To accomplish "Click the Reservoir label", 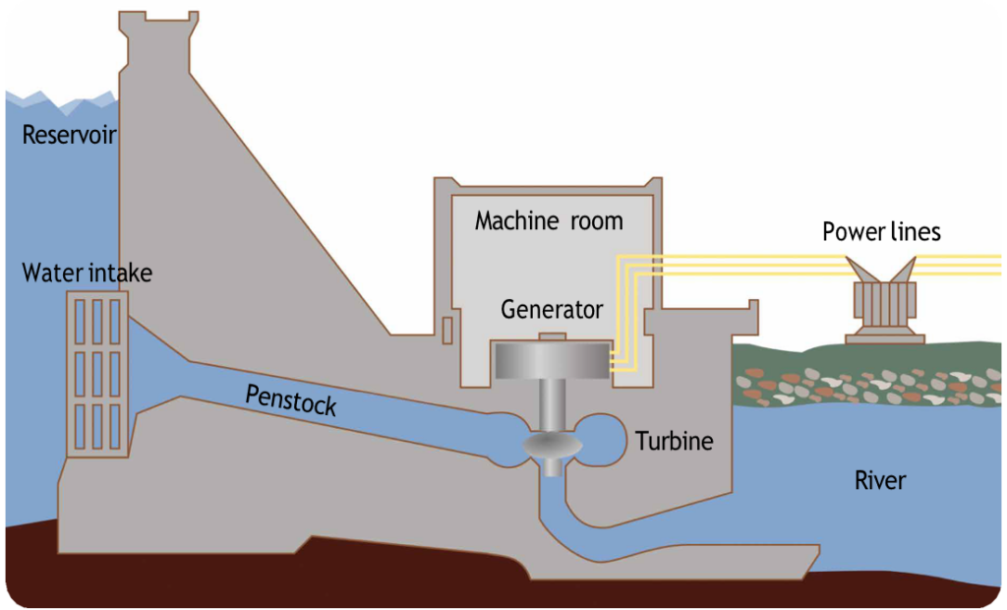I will click(x=70, y=135).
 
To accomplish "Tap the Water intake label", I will click(x=88, y=272).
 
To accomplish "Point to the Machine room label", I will click(x=549, y=220).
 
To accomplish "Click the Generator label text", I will click(x=552, y=310).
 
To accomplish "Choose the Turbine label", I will click(x=674, y=441).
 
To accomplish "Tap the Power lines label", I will click(x=881, y=232).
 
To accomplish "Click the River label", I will click(x=879, y=481).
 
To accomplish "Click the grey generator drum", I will click(x=552, y=361).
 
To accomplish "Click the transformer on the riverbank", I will click(x=883, y=305).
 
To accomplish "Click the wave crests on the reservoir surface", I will click(x=59, y=98).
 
